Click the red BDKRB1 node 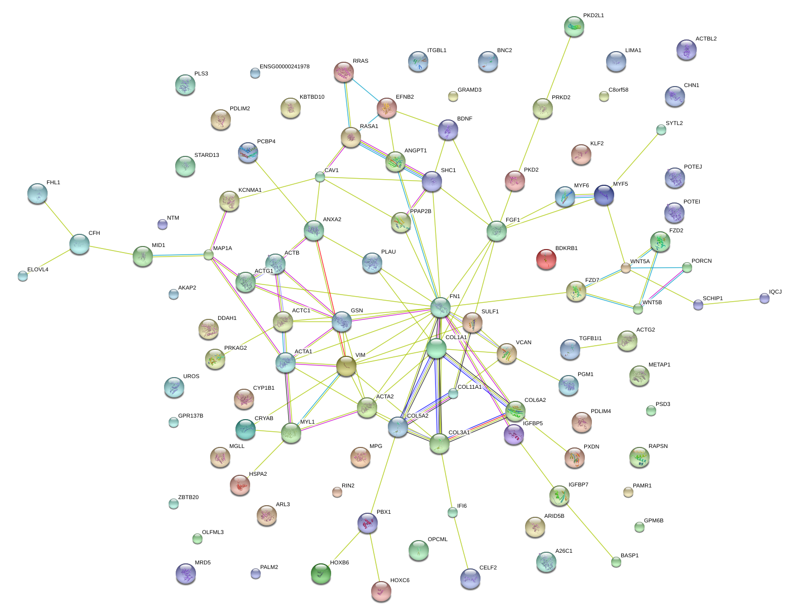546,259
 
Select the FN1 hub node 441,307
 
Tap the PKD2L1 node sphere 574,26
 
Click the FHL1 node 37,193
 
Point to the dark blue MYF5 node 604,195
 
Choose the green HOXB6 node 321,574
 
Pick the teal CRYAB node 246,429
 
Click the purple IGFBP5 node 514,434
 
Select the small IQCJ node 764,299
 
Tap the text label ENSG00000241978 285,67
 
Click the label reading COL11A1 469,387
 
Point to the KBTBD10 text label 312,97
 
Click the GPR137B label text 190,416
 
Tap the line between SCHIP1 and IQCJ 731,302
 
